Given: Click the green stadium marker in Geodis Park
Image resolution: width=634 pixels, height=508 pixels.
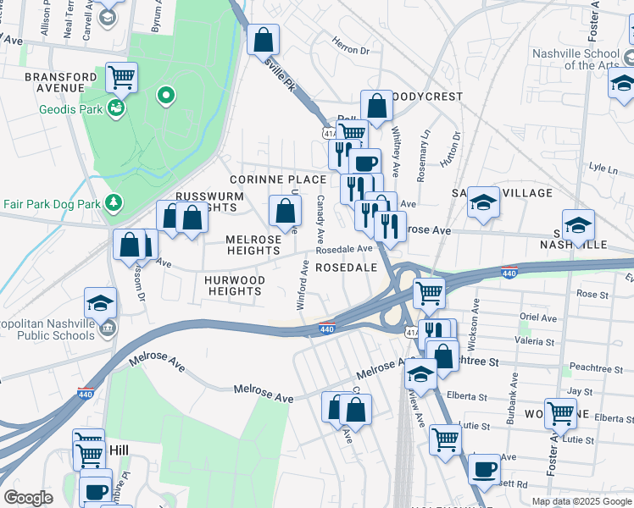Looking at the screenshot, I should coord(167,96).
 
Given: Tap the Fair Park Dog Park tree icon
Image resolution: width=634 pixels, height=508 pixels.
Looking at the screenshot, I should coord(112,203).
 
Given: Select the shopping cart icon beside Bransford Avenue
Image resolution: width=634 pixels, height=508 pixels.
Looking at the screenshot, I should coord(121,78).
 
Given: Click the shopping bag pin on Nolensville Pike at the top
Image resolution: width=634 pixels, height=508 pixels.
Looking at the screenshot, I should coord(263,38).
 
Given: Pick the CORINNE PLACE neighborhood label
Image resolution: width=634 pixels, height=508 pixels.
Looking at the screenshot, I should coord(278,179).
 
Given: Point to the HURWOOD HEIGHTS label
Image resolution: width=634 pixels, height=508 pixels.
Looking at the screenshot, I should coord(235,285).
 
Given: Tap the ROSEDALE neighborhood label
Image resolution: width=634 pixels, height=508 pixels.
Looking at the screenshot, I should coord(345,267).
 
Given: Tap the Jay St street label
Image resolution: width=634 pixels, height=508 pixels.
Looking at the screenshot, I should coord(579,392).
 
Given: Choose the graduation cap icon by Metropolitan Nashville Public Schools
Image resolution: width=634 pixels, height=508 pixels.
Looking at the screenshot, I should coord(100,302).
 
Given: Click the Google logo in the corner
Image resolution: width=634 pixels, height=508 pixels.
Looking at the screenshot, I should coord(28,498).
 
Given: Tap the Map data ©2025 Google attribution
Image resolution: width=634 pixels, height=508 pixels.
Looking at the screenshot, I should coord(581,501).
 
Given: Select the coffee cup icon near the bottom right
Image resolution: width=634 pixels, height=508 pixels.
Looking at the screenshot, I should coord(484,468).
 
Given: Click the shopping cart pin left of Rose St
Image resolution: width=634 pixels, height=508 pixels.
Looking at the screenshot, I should coord(429,293).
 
